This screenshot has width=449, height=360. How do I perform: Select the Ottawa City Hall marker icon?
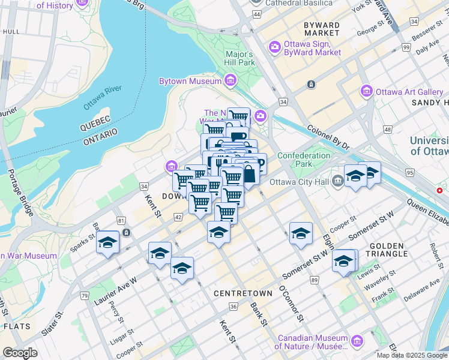pos(338,179)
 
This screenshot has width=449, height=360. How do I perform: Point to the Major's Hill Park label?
pos(240,58)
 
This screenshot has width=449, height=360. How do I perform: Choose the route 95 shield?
pos(410,173)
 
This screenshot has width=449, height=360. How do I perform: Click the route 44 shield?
pos(257,13)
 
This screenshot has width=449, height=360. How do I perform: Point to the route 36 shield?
pos(233,307)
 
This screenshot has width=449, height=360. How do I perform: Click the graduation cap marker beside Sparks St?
pos(108,242)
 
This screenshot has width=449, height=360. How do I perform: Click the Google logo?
pos(20,353)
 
